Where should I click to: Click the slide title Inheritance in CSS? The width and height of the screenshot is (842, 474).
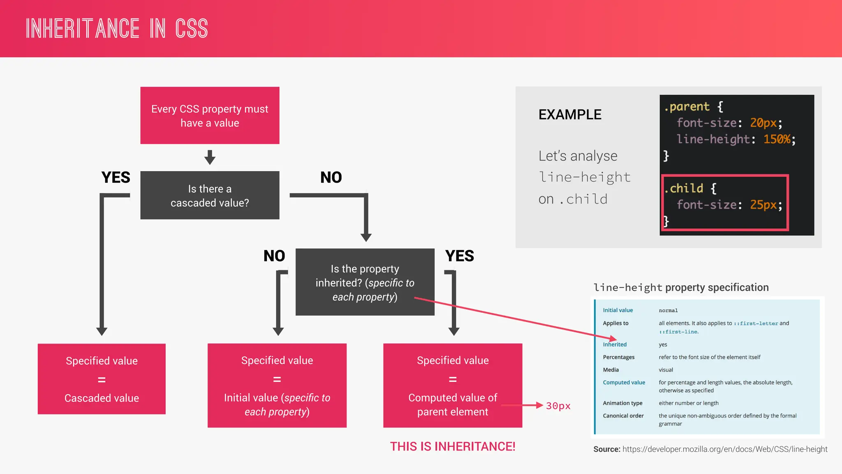click(x=117, y=28)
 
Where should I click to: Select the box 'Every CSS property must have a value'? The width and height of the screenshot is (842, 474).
click(x=210, y=116)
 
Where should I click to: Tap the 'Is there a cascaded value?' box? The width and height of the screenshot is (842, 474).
click(x=210, y=195)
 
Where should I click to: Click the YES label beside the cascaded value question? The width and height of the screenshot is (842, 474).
click(x=116, y=177)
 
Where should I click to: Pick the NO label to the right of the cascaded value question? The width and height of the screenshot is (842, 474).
click(x=331, y=177)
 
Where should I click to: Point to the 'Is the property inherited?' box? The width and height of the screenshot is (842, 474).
click(x=365, y=282)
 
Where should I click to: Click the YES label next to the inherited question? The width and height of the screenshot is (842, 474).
click(x=459, y=256)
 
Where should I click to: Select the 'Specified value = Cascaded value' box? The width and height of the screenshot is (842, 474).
click(x=102, y=379)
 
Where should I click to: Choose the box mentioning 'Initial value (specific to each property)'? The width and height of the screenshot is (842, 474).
click(x=277, y=386)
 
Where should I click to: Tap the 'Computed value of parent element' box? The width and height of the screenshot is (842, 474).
click(x=452, y=386)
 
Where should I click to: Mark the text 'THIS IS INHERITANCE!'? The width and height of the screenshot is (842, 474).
click(x=452, y=446)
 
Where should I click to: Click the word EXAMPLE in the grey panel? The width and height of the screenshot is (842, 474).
click(x=570, y=114)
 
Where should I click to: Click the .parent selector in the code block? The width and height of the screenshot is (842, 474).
click(x=687, y=107)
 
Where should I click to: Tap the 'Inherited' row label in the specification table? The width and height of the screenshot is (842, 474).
click(x=615, y=344)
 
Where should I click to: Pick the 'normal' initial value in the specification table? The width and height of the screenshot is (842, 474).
click(x=668, y=310)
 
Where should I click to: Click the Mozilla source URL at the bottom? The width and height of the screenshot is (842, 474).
click(x=724, y=449)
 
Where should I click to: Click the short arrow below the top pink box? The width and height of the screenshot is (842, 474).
click(x=210, y=157)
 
